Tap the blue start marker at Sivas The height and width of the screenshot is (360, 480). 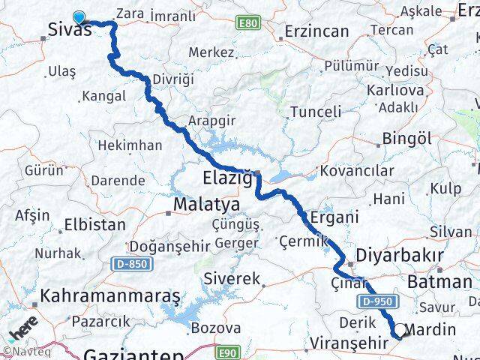(79, 17)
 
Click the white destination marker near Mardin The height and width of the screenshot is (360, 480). (400, 331)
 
